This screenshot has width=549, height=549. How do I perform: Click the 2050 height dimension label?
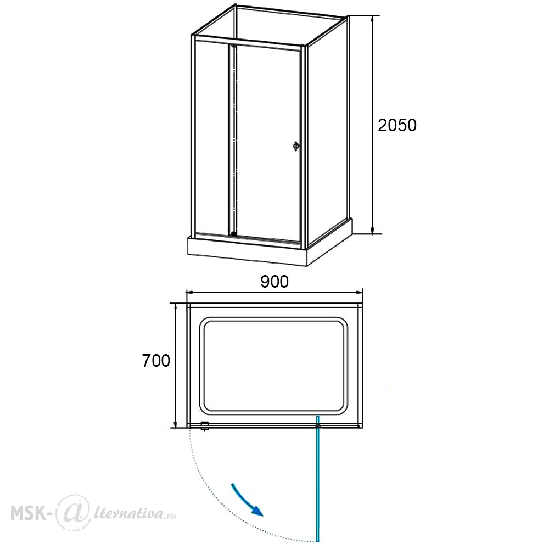click(x=397, y=125)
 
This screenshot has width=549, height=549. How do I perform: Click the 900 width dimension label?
click(x=274, y=282)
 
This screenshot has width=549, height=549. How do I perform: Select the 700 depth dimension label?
click(x=156, y=360)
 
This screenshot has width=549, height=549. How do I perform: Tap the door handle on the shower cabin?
click(x=296, y=145)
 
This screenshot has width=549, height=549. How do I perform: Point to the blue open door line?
click(x=318, y=479)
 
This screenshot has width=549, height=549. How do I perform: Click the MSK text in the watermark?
click(x=29, y=514)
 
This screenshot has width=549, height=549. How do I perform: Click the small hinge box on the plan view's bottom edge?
click(x=204, y=425)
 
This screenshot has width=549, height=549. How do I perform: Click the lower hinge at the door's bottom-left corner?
click(x=234, y=233)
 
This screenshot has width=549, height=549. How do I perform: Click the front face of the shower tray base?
click(x=247, y=252)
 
